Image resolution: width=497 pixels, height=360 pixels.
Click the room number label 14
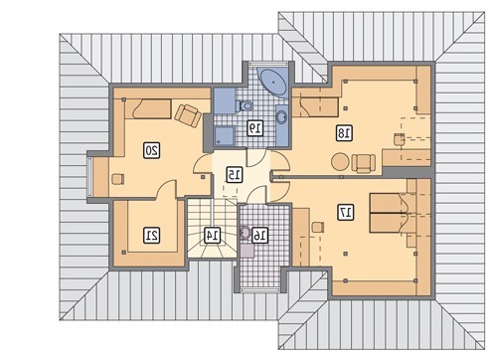pyautogui.click(x=212, y=235)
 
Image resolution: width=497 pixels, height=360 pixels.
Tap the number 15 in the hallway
pyautogui.click(x=235, y=174)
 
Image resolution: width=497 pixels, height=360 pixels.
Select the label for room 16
pyautogui.click(x=259, y=235)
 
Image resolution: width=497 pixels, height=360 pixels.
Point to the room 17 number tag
pyautogui.click(x=346, y=212)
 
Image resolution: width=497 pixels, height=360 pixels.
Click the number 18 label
pyautogui.click(x=344, y=133)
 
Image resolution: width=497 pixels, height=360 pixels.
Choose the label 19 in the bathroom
pyautogui.click(x=255, y=127)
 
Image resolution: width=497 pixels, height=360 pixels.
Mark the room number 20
pyautogui.click(x=152, y=150)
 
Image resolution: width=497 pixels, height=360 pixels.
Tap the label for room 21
pyautogui.click(x=152, y=235)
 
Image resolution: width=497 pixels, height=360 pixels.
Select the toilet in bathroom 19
pyautogui.click(x=245, y=106)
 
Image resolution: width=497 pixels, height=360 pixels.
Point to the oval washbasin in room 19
pyautogui.click(x=282, y=116)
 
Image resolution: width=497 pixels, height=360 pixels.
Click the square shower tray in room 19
pyautogui.click(x=225, y=136)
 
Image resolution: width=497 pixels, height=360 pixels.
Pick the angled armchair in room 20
pyautogui.click(x=188, y=115)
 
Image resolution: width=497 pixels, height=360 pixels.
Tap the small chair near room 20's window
pyautogui.click(x=118, y=179)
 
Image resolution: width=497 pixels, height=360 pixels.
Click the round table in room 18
pyautogui.click(x=340, y=162)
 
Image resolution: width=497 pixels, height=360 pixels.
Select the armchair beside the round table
pyautogui.click(x=364, y=163)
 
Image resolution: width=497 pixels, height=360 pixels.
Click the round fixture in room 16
pyautogui.click(x=246, y=233)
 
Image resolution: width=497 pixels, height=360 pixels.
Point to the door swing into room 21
pyautogui.click(x=166, y=189)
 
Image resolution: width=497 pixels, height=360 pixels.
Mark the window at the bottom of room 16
pyautogui.click(x=259, y=290)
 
